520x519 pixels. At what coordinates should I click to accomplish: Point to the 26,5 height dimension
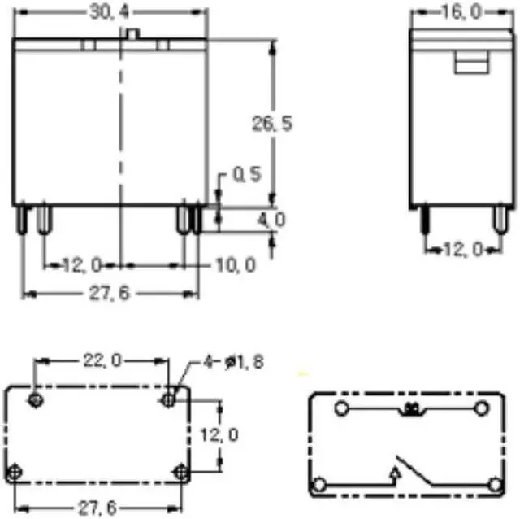271,123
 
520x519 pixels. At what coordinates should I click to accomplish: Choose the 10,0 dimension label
236,265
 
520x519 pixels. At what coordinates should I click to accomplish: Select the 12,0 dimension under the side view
461,249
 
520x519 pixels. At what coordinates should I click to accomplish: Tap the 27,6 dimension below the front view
110,293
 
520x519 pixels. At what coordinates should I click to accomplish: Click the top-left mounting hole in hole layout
36,399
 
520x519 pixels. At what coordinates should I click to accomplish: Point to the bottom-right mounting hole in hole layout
180,471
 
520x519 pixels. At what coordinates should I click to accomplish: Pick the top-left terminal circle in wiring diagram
342,407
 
